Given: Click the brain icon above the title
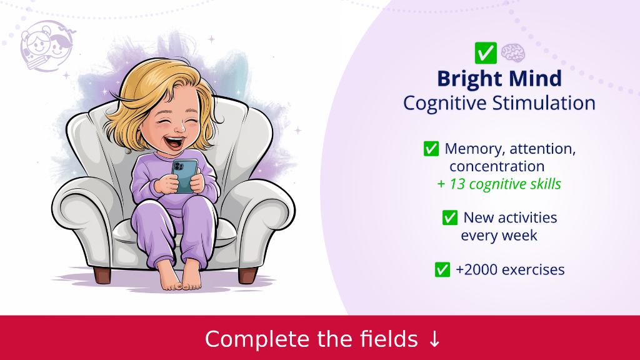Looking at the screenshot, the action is (512, 53).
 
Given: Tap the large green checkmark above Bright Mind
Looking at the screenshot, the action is (486, 53).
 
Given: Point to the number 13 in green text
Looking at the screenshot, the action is (457, 184).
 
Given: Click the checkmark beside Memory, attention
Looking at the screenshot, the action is (431, 149).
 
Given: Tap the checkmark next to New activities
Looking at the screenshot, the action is (450, 217).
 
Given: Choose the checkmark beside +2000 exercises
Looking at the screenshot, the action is (442, 270).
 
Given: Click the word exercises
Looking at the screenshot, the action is (533, 270).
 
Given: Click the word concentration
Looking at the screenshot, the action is (497, 166).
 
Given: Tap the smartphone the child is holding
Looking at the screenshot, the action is (184, 176).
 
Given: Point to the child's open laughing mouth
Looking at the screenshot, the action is (175, 142).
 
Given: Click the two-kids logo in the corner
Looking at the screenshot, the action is (47, 46).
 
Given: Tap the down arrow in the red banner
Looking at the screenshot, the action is (434, 339).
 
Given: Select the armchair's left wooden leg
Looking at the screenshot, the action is (102, 275).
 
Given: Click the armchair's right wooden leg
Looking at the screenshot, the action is (247, 276).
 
